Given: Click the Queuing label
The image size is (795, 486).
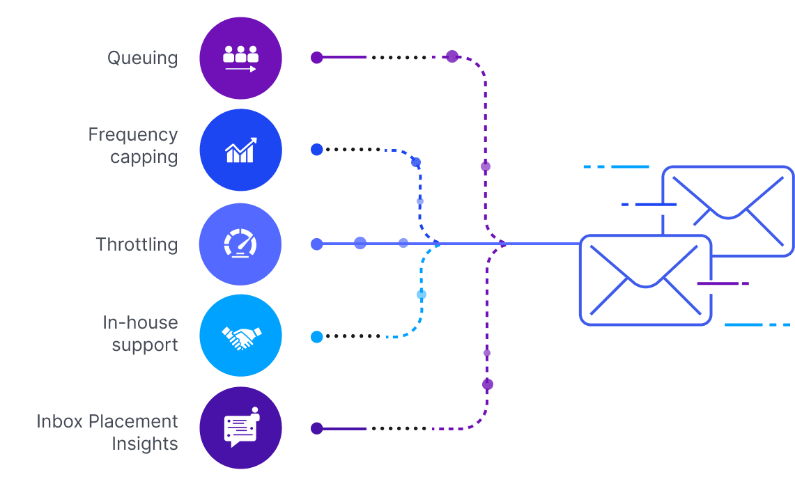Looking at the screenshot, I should (142, 58).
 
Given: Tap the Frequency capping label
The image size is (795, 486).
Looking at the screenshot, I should (133, 146).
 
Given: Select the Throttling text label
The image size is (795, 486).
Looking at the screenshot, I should (137, 244).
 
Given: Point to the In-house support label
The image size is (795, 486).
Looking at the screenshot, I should (140, 334).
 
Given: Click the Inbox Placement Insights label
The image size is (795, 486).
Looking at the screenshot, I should (107, 432).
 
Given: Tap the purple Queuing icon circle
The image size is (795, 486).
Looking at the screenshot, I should (240, 58).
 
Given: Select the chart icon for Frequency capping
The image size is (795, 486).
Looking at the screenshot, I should (240, 150).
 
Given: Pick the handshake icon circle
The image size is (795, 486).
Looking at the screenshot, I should (240, 336).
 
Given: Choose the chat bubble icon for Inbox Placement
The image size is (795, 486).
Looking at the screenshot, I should (240, 428).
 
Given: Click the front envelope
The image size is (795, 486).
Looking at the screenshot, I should (645, 280).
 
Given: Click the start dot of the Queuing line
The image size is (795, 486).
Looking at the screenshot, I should (316, 58).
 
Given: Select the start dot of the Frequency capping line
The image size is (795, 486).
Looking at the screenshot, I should (316, 149).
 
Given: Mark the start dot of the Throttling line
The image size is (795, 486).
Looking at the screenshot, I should (316, 244).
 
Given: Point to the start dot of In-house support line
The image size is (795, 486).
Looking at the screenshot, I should (316, 337).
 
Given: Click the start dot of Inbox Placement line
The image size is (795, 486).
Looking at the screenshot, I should (316, 428).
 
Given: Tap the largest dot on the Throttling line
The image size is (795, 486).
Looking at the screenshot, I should (360, 243).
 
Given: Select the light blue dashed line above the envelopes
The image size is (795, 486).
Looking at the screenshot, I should (617, 167).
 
